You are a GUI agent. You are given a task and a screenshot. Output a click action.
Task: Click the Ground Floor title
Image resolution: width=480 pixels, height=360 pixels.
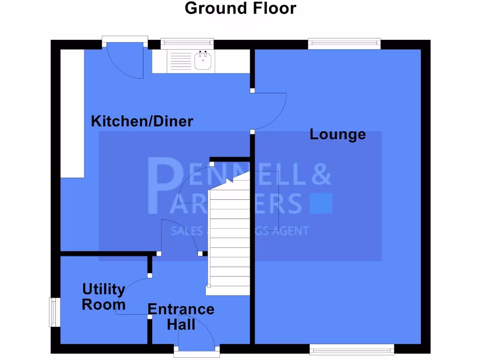coord(240,8)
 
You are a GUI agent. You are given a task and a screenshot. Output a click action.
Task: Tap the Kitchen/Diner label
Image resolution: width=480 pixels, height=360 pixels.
coord(142,121)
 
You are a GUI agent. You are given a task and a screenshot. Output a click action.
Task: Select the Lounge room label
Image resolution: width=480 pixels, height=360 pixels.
coord(337,135)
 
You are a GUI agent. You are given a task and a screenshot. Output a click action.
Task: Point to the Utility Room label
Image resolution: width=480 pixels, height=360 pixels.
coord(104,297)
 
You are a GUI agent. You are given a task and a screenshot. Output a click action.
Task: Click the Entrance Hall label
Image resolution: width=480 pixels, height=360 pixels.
coord(181,316)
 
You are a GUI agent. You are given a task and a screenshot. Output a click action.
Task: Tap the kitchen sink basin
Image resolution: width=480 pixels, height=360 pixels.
coord(203,61)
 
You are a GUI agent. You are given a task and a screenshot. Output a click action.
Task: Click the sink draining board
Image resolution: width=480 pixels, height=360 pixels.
coord(180,61)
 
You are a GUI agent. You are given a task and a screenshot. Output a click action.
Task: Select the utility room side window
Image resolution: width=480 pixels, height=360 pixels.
coord(55,312)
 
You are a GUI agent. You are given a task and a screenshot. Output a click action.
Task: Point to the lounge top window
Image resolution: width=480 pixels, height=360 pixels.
coord(344,44)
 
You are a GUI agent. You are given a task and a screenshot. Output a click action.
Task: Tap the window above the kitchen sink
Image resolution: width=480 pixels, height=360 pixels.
coord(187,44)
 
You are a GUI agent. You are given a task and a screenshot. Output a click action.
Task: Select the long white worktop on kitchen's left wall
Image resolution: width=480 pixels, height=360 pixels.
coord(72,112)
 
